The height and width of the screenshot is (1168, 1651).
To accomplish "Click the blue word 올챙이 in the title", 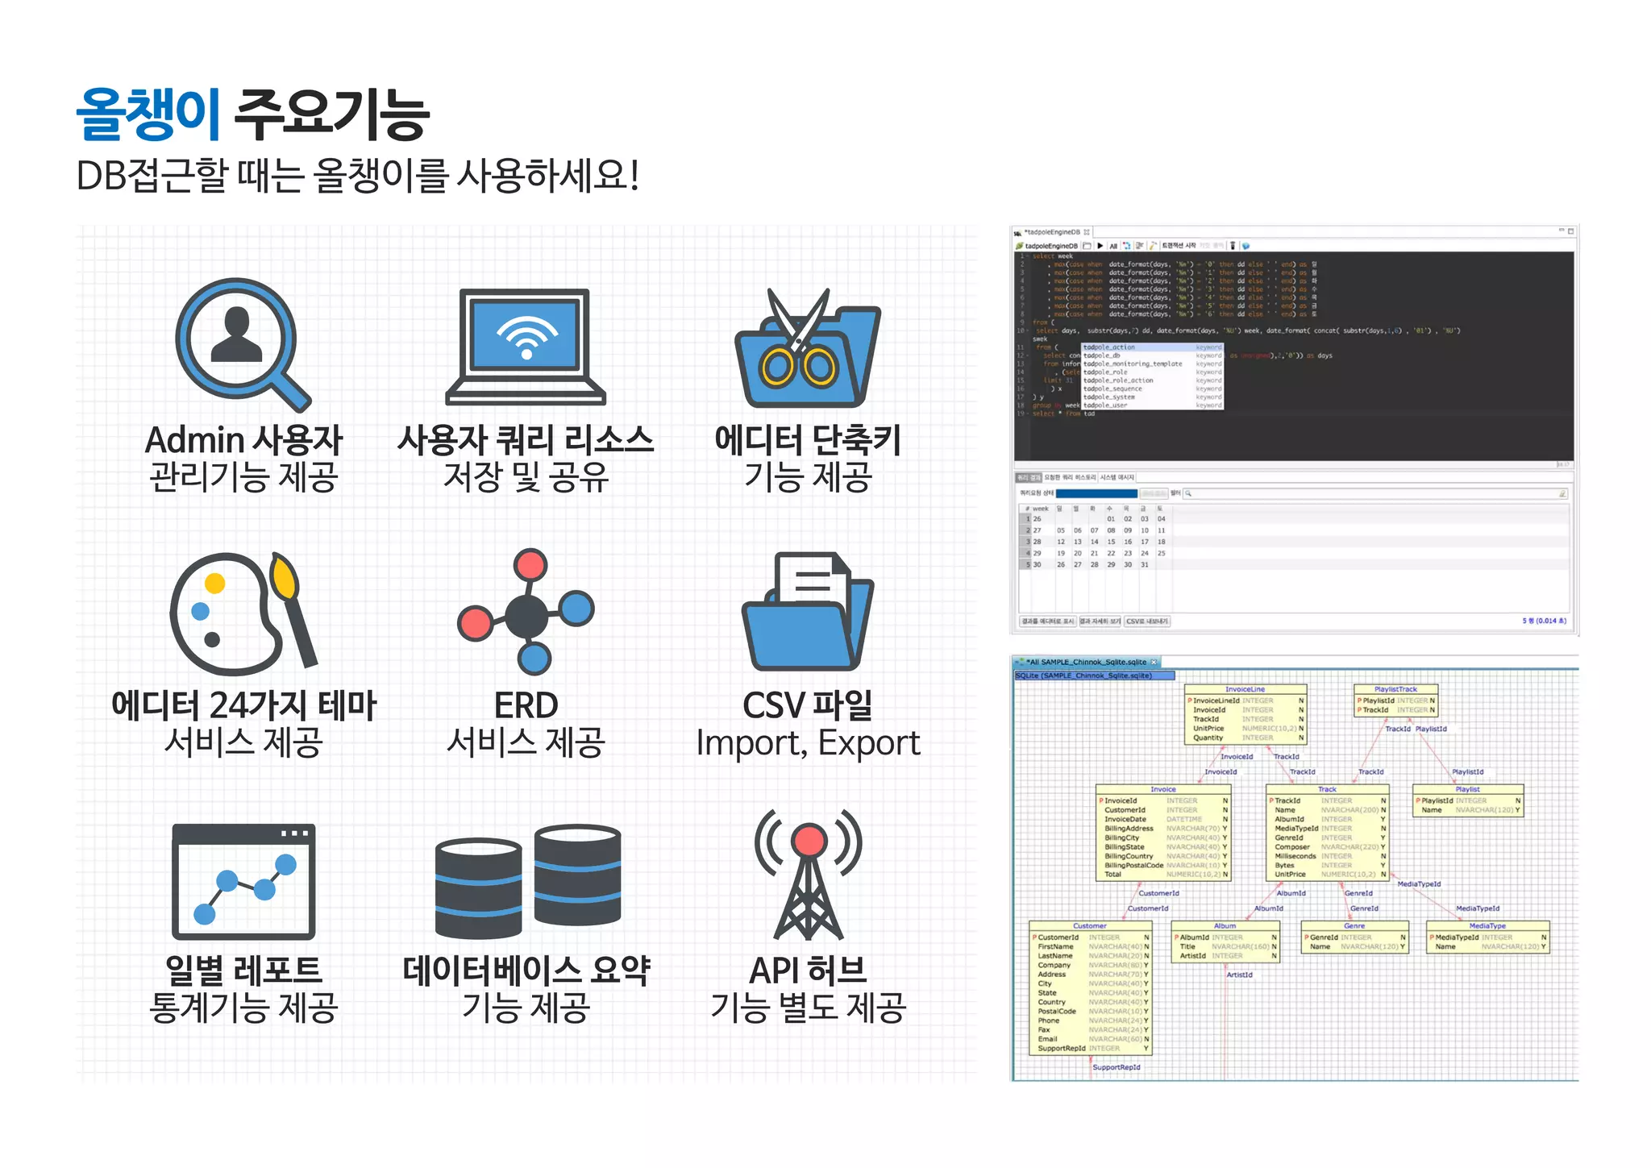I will point(148,114).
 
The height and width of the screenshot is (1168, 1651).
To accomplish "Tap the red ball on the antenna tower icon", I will point(809,841).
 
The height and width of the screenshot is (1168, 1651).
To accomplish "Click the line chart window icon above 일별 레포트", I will point(243,881).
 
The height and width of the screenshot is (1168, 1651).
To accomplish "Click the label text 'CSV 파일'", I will point(808,705).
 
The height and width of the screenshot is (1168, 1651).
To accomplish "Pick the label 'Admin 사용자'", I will point(243,441).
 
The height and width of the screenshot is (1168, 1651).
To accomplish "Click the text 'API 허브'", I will point(808,971).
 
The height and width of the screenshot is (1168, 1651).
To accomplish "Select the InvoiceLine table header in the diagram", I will point(1245,689).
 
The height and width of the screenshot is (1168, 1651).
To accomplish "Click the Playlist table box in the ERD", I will point(1467,801).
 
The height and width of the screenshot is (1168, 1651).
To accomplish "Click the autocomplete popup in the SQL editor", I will point(1151,376).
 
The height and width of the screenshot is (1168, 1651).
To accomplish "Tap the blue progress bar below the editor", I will point(1096,493).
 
